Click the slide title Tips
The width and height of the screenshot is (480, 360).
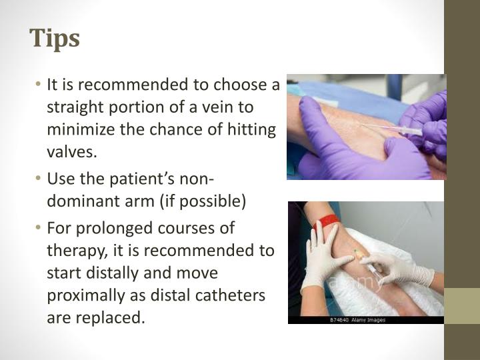tap(55, 38)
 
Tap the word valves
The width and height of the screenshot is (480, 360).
tap(72, 151)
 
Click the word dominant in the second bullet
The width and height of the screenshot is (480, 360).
tap(79, 201)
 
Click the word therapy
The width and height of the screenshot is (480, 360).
tap(74, 250)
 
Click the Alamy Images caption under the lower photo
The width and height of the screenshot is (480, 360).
tap(357, 320)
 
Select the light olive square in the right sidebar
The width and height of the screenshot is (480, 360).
tap(462, 306)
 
